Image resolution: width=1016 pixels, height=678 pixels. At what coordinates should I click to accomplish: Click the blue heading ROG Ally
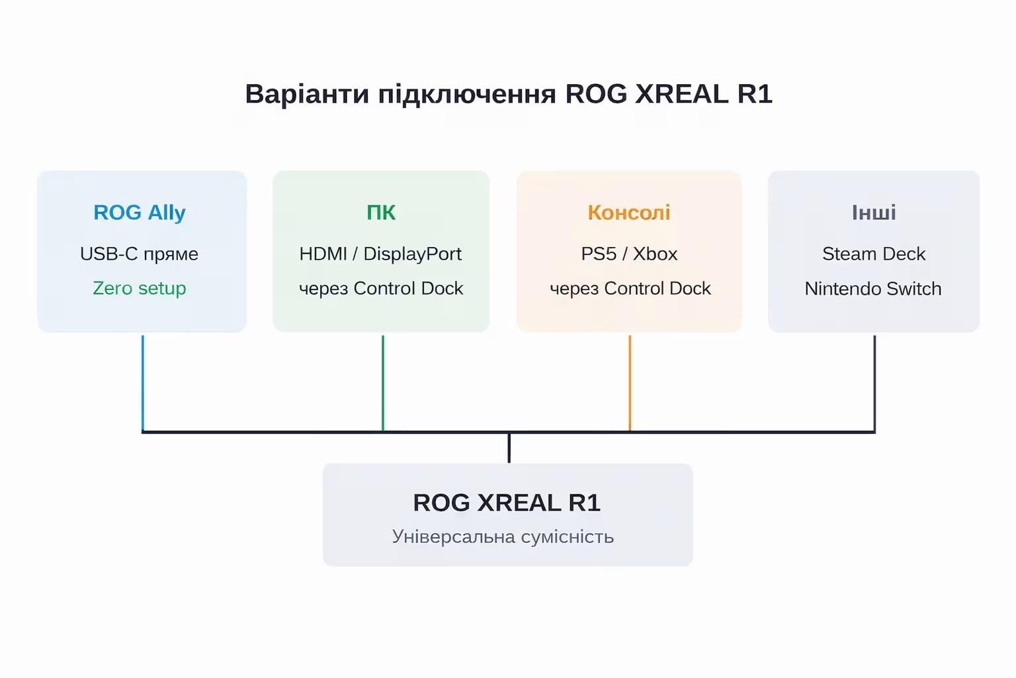[x=140, y=213]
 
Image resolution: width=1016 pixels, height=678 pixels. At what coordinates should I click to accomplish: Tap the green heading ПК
[x=381, y=213]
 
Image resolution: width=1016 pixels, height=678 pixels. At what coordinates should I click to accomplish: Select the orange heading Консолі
[x=629, y=213]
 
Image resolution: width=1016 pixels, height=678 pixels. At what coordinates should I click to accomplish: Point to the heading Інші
[x=874, y=213]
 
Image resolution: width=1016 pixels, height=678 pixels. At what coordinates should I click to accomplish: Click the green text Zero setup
[x=140, y=289]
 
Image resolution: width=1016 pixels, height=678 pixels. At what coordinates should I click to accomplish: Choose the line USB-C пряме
[x=139, y=254]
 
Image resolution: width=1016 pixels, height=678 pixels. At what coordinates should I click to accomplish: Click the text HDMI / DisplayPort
[x=380, y=254]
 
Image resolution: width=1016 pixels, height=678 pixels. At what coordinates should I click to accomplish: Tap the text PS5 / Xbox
[x=629, y=254]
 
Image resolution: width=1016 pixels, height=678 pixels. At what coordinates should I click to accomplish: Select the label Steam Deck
[x=874, y=254]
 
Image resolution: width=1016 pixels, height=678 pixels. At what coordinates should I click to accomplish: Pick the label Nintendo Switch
[x=873, y=289]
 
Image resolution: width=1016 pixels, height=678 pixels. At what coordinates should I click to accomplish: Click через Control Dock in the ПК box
[x=381, y=289]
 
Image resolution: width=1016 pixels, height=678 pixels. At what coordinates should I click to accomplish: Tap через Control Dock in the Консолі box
[x=630, y=289]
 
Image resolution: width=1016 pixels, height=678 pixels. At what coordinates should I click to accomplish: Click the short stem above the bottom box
[x=509, y=448]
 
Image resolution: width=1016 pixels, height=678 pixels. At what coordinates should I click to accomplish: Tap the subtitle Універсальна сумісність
[x=503, y=536]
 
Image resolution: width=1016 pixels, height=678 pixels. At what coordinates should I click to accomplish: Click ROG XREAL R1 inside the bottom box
[x=507, y=503]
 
